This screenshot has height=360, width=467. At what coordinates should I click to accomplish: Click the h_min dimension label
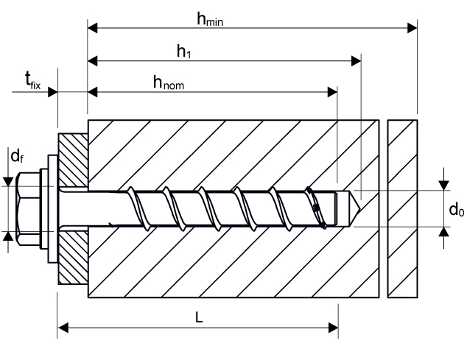click(210, 20)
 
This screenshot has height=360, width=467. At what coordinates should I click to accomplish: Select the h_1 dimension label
click(184, 52)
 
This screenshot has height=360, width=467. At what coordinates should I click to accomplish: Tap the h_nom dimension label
click(169, 83)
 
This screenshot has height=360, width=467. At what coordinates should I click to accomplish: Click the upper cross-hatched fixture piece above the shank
click(74, 158)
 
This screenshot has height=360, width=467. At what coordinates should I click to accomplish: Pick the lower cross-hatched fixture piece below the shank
click(74, 258)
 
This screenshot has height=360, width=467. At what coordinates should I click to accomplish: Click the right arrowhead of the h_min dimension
click(412, 29)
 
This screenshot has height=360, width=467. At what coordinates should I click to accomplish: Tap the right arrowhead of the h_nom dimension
click(333, 92)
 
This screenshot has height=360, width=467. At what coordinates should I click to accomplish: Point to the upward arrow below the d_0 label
click(443, 233)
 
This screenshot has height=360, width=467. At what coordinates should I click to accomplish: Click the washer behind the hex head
click(52, 208)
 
